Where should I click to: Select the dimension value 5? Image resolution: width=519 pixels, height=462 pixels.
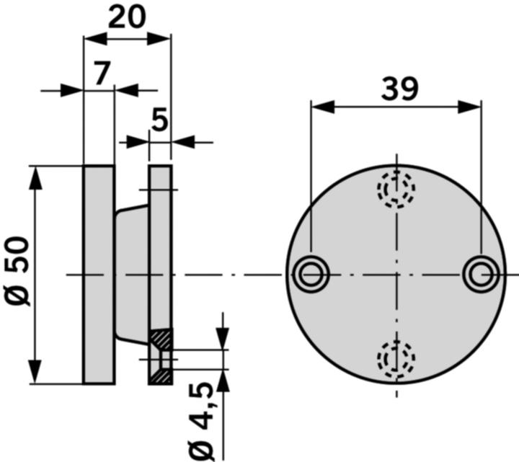pos(159,121)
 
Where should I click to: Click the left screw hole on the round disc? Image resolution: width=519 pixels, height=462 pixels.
pos(311,274)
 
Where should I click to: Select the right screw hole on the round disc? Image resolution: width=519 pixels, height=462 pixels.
pos(480,274)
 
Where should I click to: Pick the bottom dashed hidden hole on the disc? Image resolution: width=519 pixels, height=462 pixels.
pos(397,357)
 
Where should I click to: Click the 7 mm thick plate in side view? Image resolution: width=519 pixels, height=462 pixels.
pos(99,274)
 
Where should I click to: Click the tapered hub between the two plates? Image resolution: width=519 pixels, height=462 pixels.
pos(131,274)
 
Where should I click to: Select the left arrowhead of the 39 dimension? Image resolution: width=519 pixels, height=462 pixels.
pos(321,107)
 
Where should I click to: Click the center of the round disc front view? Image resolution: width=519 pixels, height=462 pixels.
pos(396,274)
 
